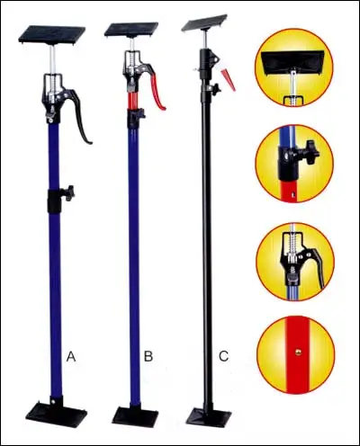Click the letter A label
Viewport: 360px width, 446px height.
tap(71, 357)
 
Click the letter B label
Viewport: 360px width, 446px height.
tap(148, 357)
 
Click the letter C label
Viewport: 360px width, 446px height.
tap(223, 357)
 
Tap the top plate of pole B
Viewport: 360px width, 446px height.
tap(130, 30)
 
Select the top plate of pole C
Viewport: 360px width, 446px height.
tap(204, 22)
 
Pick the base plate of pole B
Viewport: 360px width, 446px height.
tap(135, 416)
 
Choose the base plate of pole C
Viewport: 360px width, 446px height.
tap(209, 416)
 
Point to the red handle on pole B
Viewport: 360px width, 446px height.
tap(158, 91)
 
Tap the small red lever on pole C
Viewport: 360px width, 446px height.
tap(229, 82)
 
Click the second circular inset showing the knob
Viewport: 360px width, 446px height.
tap(294, 163)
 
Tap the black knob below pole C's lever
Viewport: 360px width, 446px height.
tap(216, 90)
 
